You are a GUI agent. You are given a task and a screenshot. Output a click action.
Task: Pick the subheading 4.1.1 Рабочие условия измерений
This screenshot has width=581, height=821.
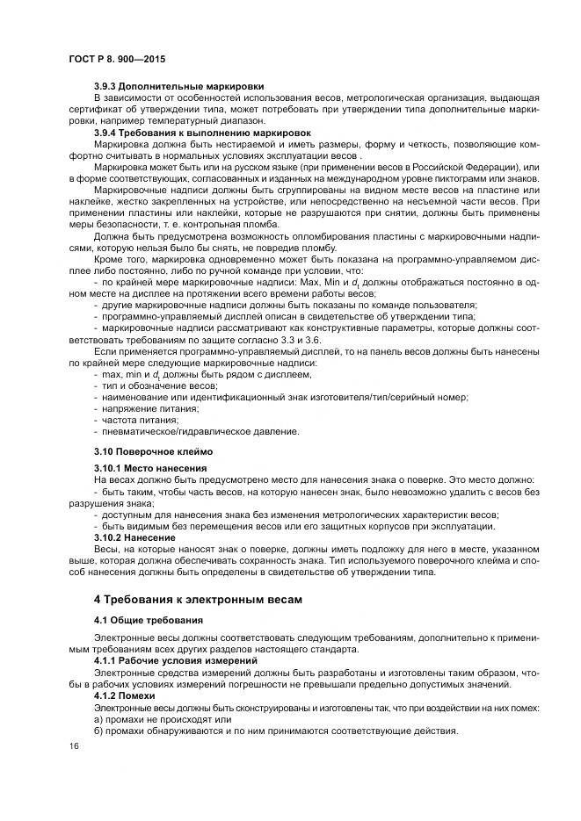click(x=175, y=659)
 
